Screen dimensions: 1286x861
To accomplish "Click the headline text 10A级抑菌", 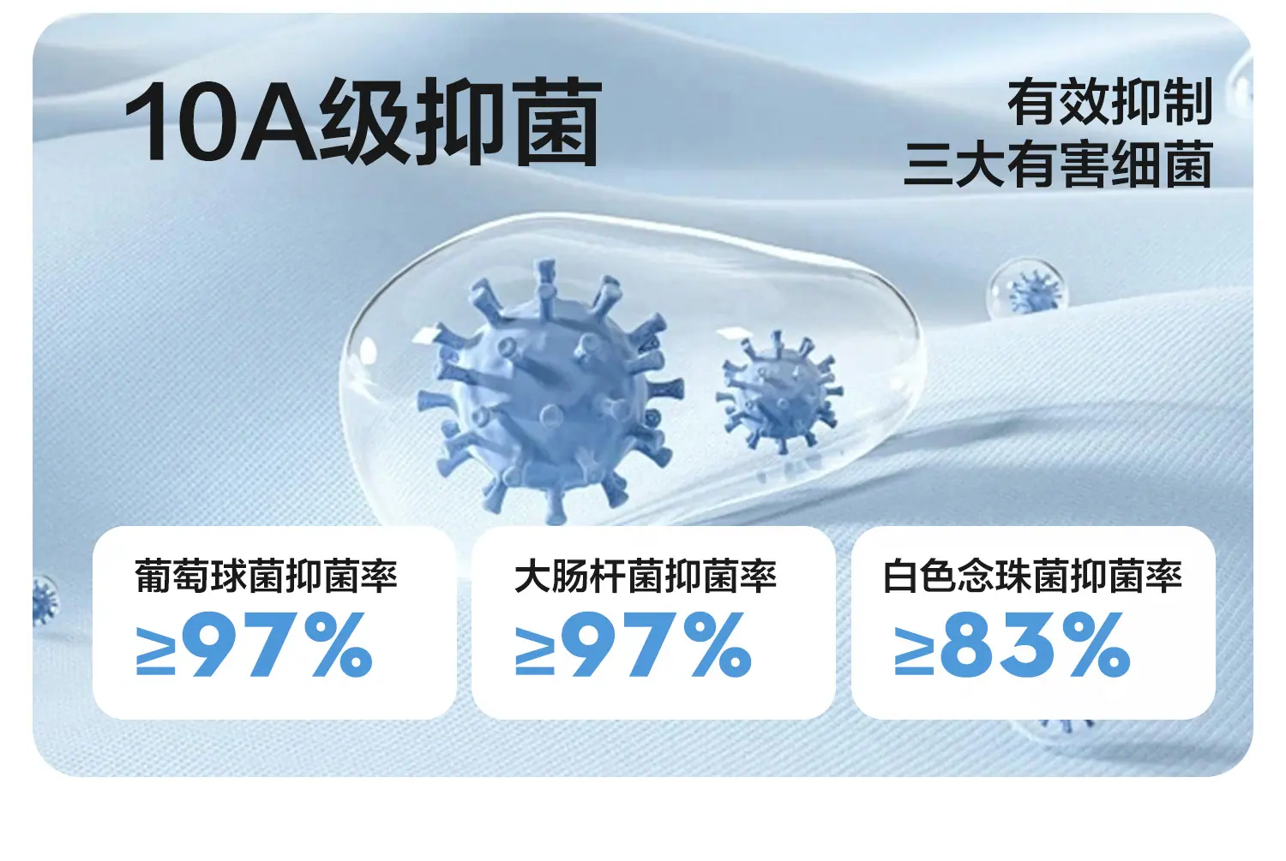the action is click(x=363, y=122).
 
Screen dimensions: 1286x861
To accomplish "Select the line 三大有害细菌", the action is click(x=1058, y=164).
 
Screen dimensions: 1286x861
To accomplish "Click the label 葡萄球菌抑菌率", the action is click(x=266, y=576).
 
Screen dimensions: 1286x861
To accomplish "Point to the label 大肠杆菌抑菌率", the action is click(x=646, y=576).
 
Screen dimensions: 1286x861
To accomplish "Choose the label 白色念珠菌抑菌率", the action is click(x=1032, y=576).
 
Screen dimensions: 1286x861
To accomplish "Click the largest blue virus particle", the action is click(x=550, y=392).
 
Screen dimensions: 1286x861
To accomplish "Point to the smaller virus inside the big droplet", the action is click(x=779, y=392).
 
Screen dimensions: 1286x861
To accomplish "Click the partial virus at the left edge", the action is click(x=45, y=601).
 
